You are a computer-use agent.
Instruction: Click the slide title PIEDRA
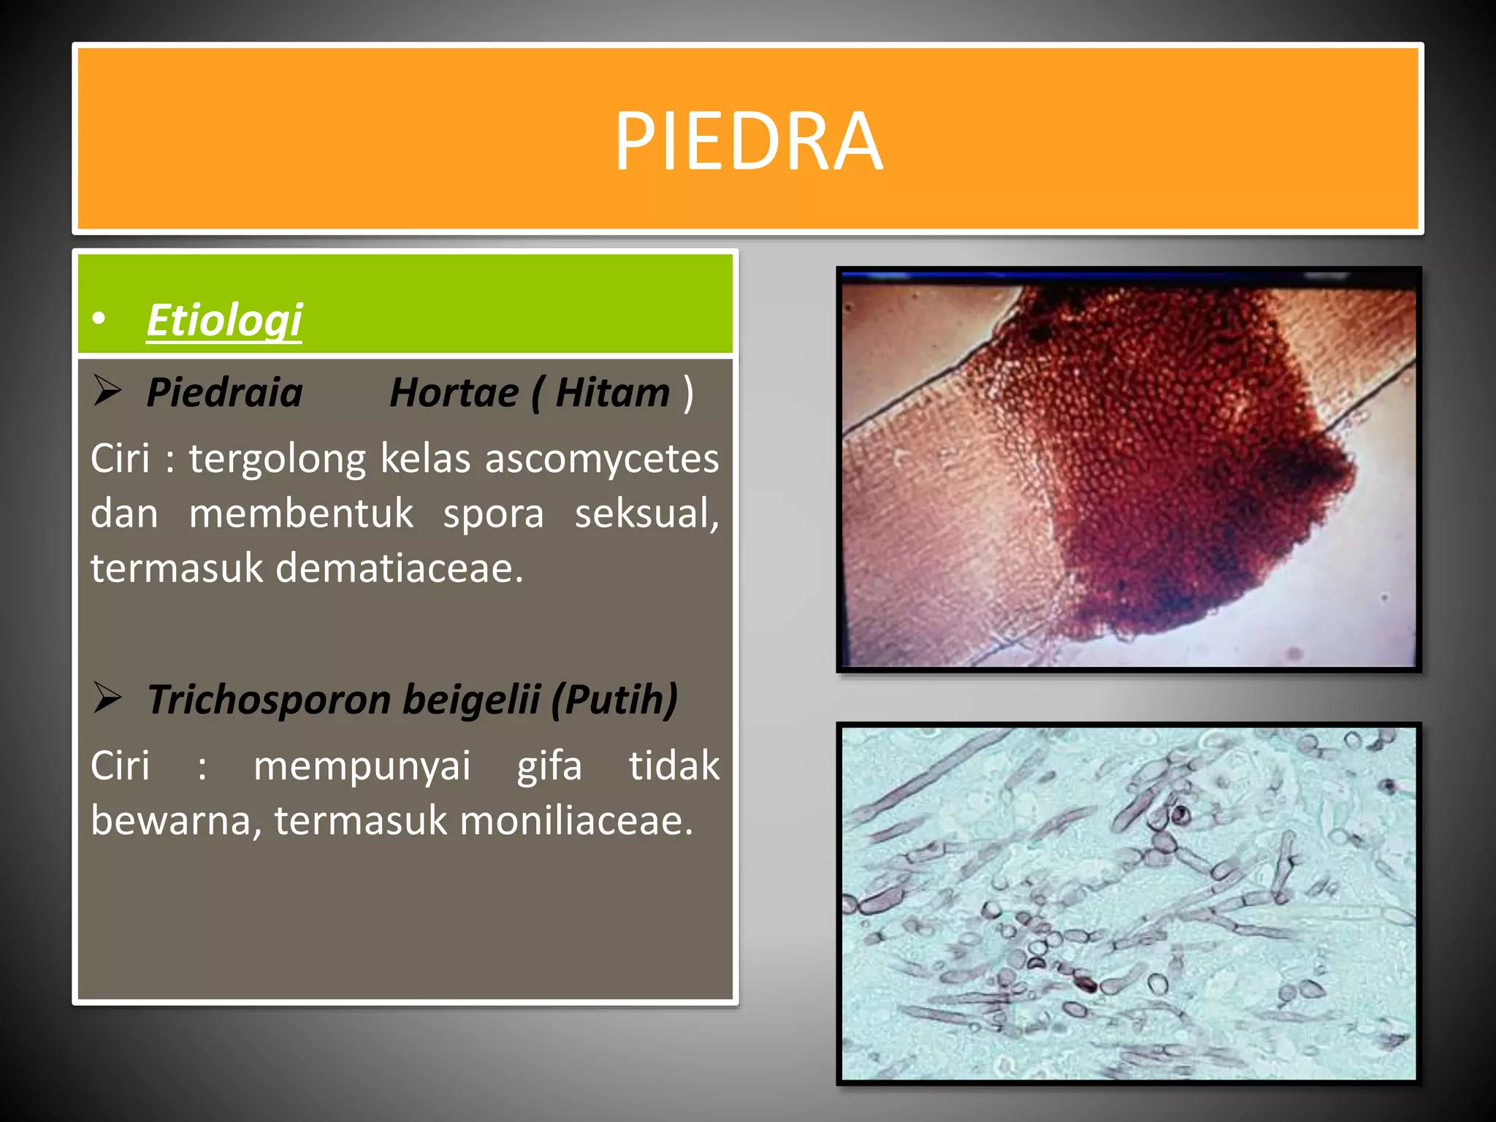tap(748, 140)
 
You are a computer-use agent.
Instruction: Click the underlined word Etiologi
tap(224, 320)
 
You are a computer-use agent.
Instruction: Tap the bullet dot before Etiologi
tap(99, 318)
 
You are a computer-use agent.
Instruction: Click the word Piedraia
tap(224, 393)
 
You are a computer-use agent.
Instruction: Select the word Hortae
tap(454, 393)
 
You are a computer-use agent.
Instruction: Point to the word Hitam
tap(612, 393)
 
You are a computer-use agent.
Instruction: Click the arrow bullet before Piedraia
tap(107, 391)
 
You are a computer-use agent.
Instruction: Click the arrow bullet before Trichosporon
tap(107, 698)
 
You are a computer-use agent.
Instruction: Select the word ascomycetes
tap(602, 459)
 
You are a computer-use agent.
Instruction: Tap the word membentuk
tap(300, 514)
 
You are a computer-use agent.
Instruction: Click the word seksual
tap(646, 514)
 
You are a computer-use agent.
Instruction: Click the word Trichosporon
tap(270, 700)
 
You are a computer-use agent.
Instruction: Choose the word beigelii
tap(471, 700)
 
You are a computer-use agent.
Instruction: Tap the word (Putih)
tap(614, 700)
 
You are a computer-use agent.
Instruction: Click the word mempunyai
tap(362, 766)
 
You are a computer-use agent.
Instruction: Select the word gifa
tap(549, 766)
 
